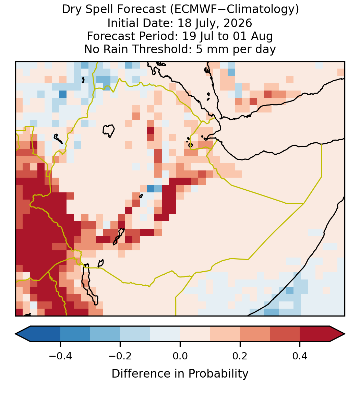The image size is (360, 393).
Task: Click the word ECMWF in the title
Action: coord(192,10)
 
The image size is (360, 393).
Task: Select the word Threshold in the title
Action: coord(159,49)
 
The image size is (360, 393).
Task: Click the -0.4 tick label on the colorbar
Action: coord(60,356)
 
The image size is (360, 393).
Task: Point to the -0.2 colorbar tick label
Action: coord(120,356)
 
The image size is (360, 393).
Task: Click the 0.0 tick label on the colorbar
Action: coord(180,356)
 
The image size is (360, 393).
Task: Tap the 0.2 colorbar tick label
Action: coord(240,356)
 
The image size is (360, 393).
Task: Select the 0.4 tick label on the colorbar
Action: coord(300,356)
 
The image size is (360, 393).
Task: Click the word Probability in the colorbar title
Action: coord(218,374)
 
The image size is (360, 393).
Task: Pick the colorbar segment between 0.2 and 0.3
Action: coord(255,334)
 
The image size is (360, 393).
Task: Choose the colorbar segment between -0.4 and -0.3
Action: coord(75,334)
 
